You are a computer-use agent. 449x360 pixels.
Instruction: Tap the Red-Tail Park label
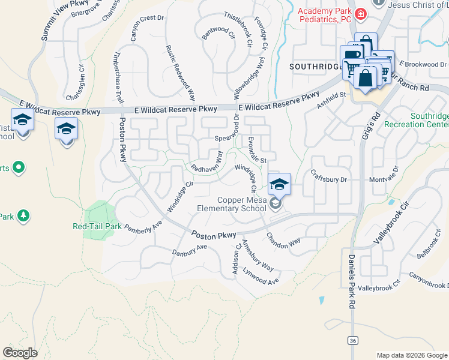click(x=97, y=227)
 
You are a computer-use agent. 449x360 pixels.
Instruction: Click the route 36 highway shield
click(x=352, y=340)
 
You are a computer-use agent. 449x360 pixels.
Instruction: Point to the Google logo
click(x=20, y=353)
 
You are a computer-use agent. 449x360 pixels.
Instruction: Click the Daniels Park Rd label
click(x=352, y=281)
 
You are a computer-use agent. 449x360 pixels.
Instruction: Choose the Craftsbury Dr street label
click(x=330, y=179)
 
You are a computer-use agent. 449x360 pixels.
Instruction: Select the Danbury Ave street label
click(x=189, y=250)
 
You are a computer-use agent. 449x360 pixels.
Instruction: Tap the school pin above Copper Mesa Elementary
click(x=279, y=184)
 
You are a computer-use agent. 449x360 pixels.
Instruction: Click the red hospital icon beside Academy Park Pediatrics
click(x=360, y=14)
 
